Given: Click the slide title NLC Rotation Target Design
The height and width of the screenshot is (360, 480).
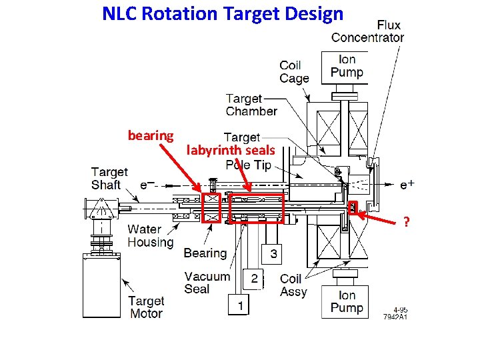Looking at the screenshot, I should pyautogui.click(x=223, y=13).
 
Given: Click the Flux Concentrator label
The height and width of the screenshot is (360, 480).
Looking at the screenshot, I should pyautogui.click(x=367, y=31).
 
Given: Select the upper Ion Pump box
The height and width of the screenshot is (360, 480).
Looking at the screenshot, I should pyautogui.click(x=347, y=66).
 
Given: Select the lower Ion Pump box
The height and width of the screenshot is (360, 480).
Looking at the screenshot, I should pyautogui.click(x=347, y=301).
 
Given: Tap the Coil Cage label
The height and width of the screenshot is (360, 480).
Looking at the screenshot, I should pyautogui.click(x=294, y=71).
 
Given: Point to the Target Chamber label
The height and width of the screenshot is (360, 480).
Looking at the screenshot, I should pyautogui.click(x=251, y=105).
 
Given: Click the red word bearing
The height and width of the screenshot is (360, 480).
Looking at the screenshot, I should pyautogui.click(x=151, y=136).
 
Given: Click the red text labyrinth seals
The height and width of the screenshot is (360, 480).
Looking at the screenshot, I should pyautogui.click(x=230, y=150).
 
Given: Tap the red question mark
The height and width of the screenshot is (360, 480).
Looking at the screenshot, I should pyautogui.click(x=407, y=223).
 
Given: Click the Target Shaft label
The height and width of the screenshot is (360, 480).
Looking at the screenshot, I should pyautogui.click(x=109, y=178).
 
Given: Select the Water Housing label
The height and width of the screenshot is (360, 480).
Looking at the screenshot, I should pyautogui.click(x=150, y=236).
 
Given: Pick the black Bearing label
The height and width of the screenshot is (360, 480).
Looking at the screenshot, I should pyautogui.click(x=205, y=253).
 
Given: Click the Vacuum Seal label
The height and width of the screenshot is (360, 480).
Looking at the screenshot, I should pyautogui.click(x=207, y=283).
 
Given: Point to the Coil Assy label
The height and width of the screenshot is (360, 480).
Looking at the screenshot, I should pyautogui.click(x=293, y=285).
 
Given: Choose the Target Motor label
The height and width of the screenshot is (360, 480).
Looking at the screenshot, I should pyautogui.click(x=146, y=307).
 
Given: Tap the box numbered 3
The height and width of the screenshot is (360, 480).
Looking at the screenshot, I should pyautogui.click(x=273, y=253).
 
